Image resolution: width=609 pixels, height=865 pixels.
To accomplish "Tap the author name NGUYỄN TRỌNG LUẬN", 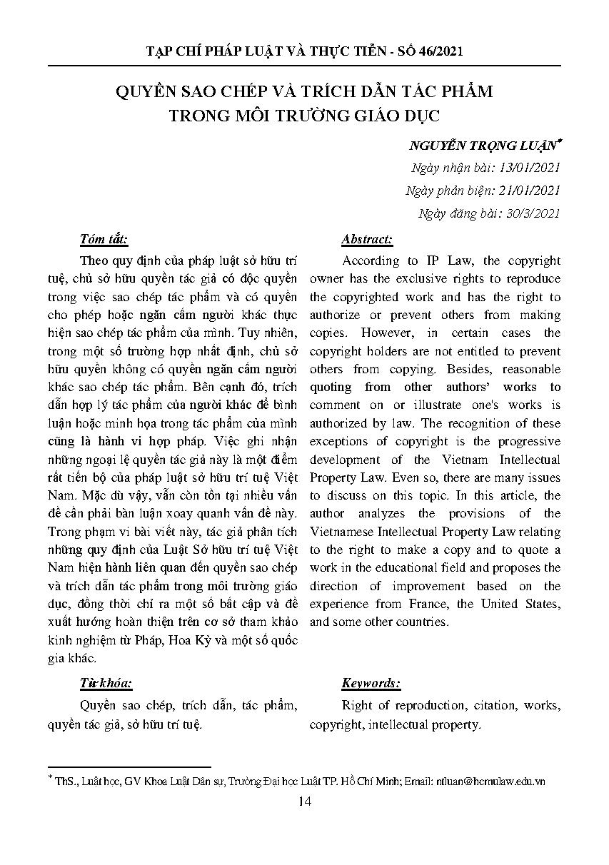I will pyautogui.click(x=482, y=146).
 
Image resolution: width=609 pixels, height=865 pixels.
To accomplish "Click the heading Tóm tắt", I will pyautogui.click(x=105, y=239).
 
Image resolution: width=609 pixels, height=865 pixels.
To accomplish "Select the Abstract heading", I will pyautogui.click(x=367, y=239).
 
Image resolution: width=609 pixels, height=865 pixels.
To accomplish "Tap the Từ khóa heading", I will pyautogui.click(x=106, y=683).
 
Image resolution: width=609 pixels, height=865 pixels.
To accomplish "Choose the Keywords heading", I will pyautogui.click(x=371, y=683).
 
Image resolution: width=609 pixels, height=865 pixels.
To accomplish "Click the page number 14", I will pyautogui.click(x=305, y=802).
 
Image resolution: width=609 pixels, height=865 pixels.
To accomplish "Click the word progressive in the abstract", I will pyautogui.click(x=524, y=441).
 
